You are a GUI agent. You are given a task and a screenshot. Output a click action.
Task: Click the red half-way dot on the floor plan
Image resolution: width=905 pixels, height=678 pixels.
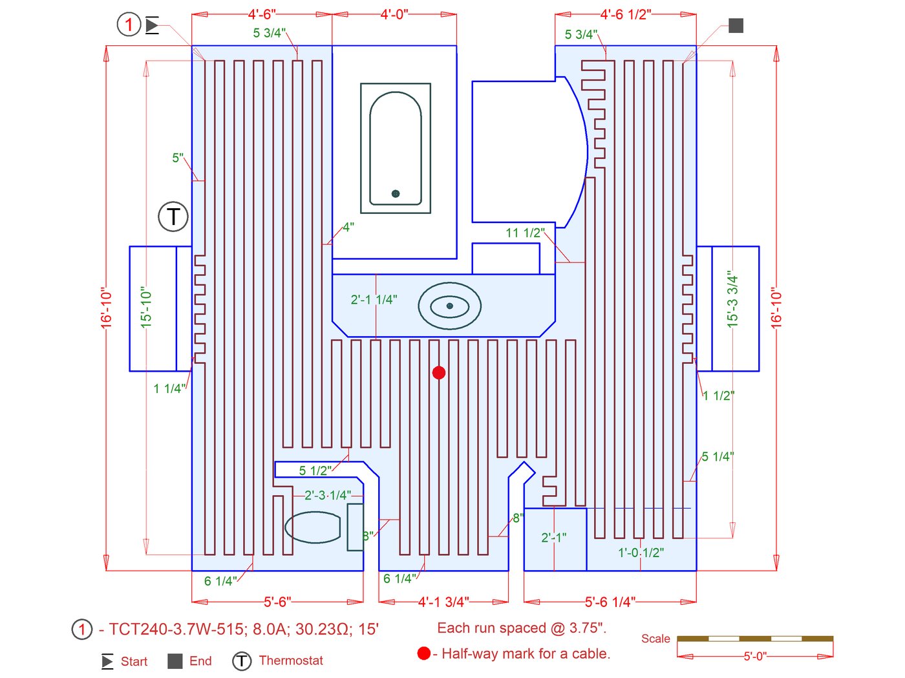439,372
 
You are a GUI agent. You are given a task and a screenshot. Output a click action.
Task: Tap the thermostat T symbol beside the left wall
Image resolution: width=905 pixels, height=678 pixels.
173,217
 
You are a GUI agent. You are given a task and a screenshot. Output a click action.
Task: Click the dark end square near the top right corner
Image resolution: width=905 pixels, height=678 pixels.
736,26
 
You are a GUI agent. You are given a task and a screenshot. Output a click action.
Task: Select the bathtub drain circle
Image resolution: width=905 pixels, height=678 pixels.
396,193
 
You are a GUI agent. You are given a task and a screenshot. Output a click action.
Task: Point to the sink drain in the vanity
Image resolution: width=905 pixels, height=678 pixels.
449,306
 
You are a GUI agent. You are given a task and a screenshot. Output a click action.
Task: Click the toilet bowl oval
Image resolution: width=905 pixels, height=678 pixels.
312,527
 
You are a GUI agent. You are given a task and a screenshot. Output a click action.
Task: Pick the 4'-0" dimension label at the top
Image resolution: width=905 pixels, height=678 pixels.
394,14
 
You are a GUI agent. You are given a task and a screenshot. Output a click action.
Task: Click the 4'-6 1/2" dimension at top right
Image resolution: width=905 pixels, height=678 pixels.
626,14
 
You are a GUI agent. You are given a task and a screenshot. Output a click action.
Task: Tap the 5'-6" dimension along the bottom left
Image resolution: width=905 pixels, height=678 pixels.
277,602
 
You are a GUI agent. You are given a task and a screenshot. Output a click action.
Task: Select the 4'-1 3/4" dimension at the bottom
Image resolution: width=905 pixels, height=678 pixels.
443,602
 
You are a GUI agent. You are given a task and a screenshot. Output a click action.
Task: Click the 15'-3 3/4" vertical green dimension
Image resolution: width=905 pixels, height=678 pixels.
732,299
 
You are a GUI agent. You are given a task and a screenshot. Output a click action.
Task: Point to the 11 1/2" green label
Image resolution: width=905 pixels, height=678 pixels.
525,233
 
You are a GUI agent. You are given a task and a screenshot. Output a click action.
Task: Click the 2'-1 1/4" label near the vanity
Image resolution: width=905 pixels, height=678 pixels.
374,300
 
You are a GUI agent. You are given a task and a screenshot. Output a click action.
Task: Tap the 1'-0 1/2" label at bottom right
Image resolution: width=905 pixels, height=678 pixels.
641,553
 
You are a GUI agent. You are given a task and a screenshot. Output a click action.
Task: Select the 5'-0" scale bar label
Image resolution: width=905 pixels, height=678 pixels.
755,656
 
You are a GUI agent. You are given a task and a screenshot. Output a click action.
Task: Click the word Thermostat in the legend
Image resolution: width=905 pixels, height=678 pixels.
291,661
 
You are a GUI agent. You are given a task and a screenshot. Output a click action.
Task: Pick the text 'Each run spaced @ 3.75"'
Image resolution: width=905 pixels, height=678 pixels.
522,628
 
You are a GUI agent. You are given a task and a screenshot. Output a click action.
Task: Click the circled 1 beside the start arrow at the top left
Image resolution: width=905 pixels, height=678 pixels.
129,25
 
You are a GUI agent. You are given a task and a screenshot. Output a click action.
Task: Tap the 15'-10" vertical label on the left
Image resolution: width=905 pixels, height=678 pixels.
147,307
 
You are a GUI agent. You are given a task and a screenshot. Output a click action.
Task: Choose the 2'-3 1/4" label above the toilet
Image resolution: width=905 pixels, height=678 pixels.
328,495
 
